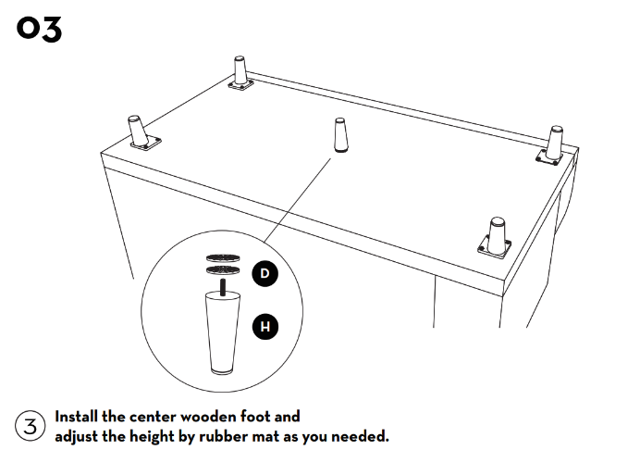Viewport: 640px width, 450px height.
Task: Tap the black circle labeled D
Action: coord(265,273)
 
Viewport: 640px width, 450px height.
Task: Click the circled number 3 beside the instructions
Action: coord(30,426)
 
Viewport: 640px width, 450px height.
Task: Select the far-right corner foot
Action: coord(555,140)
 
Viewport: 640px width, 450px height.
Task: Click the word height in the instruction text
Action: coord(138,435)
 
